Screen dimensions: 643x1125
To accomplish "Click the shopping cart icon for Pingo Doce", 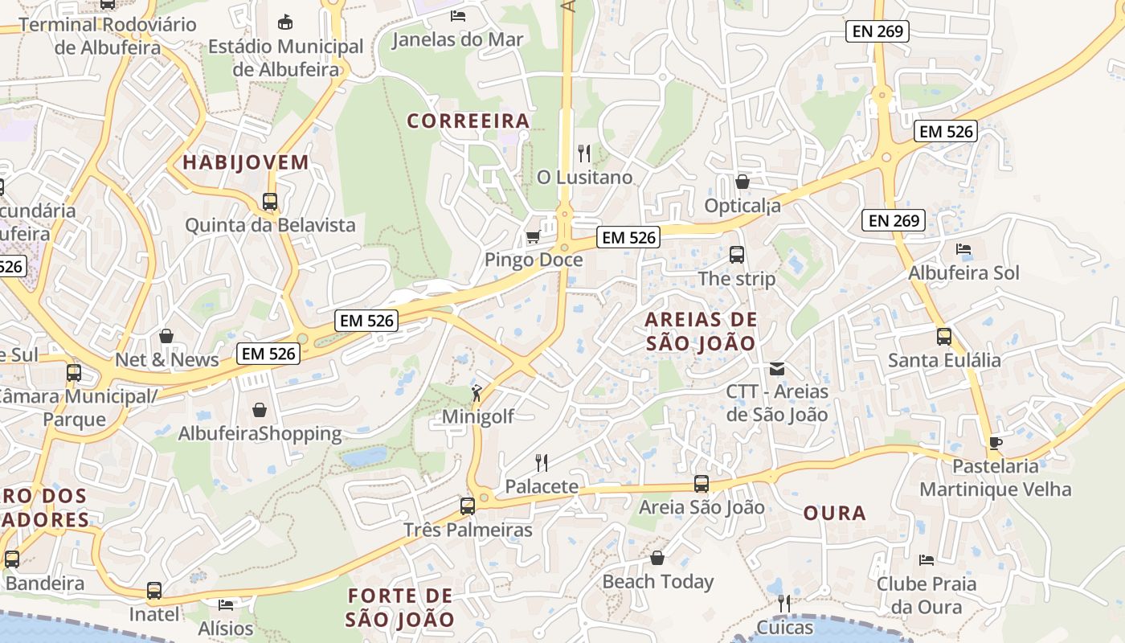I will [532, 237].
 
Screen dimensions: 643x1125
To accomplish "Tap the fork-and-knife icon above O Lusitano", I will [584, 154].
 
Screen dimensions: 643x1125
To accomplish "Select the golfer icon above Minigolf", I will [477, 393].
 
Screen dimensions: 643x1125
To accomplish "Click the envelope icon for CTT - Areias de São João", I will [777, 369].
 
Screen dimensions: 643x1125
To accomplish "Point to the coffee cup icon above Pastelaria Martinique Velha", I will [995, 443].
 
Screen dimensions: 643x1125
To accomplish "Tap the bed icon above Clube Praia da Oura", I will [926, 560].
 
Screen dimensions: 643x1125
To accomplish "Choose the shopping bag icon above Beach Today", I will [657, 558].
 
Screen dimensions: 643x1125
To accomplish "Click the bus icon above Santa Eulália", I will [944, 337].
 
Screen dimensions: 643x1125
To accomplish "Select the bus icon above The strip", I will [737, 255].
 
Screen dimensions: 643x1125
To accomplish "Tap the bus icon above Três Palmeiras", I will [468, 506].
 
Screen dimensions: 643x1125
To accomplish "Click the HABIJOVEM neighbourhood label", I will [246, 162].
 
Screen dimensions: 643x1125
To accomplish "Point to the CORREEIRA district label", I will [468, 121].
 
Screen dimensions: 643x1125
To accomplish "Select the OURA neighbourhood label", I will [835, 513].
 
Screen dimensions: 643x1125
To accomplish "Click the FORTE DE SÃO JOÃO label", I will [400, 608].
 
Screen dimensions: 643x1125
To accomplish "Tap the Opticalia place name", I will [742, 206].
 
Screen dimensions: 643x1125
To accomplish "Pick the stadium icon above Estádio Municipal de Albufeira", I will [285, 23].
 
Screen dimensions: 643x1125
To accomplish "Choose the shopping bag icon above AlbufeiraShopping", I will [260, 411].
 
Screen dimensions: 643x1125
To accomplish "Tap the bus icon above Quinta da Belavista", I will [270, 202].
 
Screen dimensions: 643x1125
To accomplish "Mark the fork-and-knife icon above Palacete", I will [542, 462].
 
